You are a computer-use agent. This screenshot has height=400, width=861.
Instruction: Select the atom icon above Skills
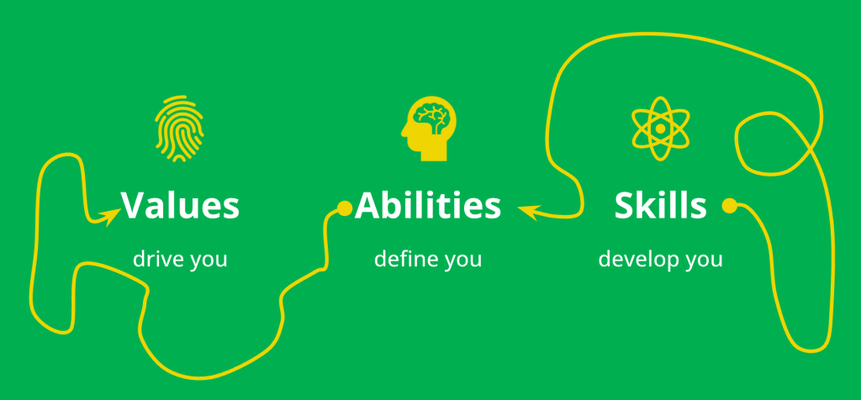tap(661, 129)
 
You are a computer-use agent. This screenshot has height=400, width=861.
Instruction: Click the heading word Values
tap(180, 206)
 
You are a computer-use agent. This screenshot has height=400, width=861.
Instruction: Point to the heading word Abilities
tap(428, 206)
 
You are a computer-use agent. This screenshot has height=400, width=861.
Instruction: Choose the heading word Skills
tap(660, 206)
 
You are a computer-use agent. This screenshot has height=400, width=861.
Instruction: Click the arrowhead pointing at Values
tap(108, 217)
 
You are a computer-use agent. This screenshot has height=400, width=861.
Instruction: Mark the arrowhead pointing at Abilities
tap(527, 211)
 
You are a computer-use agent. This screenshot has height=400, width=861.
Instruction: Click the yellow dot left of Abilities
tap(344, 208)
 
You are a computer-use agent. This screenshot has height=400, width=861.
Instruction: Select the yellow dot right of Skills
tap(729, 204)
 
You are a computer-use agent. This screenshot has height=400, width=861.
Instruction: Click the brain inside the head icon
tap(434, 115)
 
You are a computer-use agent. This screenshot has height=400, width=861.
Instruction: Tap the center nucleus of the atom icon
tap(661, 129)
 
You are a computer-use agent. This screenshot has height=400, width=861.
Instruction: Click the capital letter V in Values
tap(133, 206)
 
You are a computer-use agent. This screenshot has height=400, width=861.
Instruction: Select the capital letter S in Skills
tap(625, 206)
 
